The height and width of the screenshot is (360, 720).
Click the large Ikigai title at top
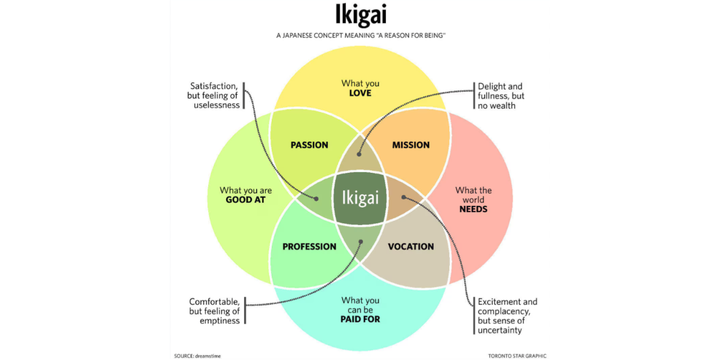[360, 15]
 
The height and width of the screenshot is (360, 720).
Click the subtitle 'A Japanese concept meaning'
[360, 36]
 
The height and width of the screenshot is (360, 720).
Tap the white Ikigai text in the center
[360, 198]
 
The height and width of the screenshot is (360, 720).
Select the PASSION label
[309, 145]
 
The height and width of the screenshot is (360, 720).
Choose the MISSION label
[411, 145]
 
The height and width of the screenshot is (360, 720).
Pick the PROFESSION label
[309, 247]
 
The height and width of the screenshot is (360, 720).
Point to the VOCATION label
[411, 247]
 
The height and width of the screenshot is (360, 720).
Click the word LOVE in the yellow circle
[360, 93]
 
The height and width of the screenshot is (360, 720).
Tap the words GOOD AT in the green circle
[246, 200]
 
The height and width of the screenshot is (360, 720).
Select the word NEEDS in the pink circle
[474, 209]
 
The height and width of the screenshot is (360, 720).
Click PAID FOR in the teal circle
[360, 319]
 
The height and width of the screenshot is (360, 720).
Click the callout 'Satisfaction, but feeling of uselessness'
[214, 96]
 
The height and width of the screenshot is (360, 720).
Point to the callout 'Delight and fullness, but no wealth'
[501, 96]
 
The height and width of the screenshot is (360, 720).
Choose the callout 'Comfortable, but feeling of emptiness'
[214, 311]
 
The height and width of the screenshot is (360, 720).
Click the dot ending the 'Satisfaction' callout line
[316, 199]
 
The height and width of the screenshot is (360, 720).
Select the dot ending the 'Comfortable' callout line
[361, 242]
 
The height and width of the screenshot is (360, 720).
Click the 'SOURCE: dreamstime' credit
[197, 356]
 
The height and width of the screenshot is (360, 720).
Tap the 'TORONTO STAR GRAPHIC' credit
[517, 356]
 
